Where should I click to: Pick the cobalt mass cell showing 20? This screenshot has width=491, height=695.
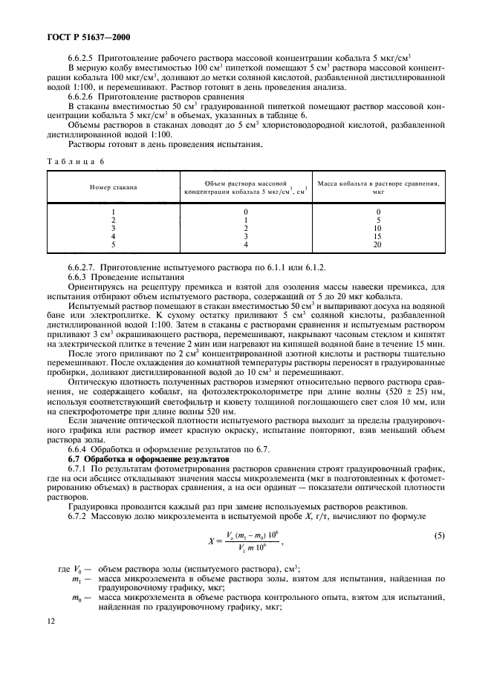(x=377, y=244)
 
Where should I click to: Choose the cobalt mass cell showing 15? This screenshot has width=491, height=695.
(x=377, y=236)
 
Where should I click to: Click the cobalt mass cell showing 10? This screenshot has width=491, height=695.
(x=377, y=228)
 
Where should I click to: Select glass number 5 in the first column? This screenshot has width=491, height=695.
(x=112, y=244)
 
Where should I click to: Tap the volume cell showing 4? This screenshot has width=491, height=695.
(x=244, y=244)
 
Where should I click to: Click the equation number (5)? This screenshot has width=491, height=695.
(x=435, y=535)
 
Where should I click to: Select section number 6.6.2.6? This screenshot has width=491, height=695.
(x=84, y=97)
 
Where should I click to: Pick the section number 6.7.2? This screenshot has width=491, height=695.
(x=79, y=515)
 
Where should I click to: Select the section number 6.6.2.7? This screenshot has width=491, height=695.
(x=85, y=267)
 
